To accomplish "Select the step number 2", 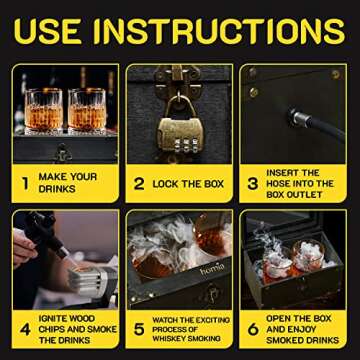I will pyautogui.click(x=141, y=183).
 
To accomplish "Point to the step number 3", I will pyautogui.click(x=253, y=183).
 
